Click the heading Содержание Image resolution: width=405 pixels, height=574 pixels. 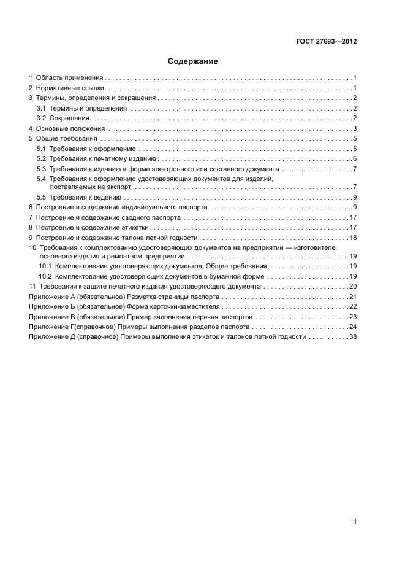(x=193, y=61)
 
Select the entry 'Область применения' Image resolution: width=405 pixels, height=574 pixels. (x=69, y=78)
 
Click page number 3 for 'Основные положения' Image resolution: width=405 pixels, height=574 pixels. (x=355, y=128)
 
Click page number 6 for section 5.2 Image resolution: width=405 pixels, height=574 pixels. (x=355, y=158)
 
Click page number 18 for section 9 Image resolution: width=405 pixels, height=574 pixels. (x=353, y=238)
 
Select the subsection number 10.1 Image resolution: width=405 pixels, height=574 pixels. (x=45, y=266)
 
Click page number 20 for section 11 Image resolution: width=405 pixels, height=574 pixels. (x=353, y=286)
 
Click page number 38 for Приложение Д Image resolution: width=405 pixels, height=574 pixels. (x=353, y=336)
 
